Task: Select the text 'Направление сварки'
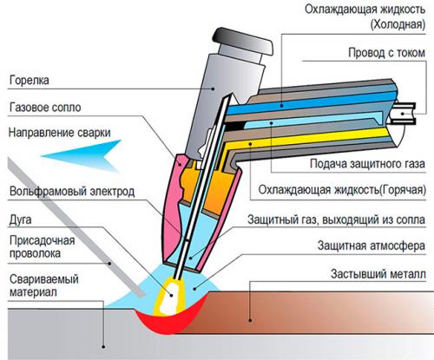[x=57, y=134]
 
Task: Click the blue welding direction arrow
[x=82, y=155]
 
